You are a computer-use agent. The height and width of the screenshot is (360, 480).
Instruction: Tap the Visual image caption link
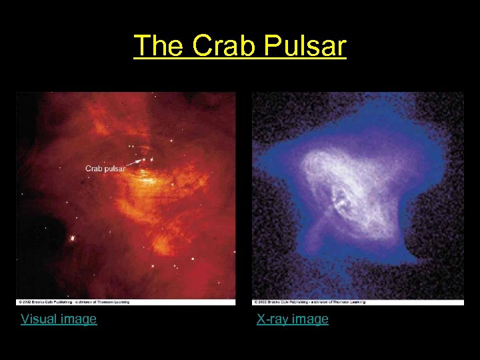(x=59, y=319)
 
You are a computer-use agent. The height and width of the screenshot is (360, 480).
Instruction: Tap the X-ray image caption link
(x=293, y=319)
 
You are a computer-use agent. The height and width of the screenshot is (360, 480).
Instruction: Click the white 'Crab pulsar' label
(x=105, y=168)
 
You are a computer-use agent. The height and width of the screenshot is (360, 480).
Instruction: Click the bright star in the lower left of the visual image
(x=72, y=238)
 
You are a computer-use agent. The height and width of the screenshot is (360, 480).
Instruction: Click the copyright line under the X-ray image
(x=309, y=302)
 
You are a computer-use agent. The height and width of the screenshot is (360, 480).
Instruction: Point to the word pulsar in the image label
(x=114, y=168)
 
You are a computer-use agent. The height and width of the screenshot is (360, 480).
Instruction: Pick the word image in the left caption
(x=79, y=319)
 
